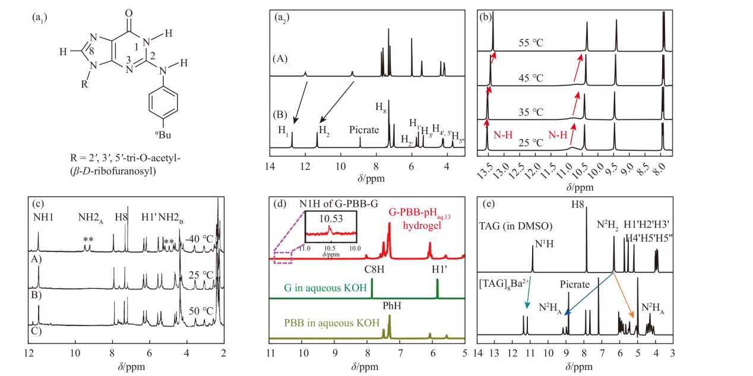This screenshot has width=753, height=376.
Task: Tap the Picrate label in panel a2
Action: coord(364,130)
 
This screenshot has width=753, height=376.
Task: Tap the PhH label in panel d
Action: coord(389,308)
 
